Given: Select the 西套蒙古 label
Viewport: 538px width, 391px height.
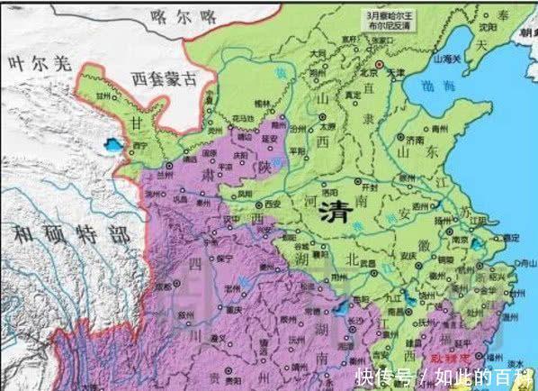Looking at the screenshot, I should coord(163,78).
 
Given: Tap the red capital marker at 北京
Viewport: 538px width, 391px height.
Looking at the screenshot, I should coord(381,66).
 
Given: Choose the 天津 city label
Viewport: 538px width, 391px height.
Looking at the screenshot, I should coord(396,72).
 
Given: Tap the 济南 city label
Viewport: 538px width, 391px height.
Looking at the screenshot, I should coord(412,141).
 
